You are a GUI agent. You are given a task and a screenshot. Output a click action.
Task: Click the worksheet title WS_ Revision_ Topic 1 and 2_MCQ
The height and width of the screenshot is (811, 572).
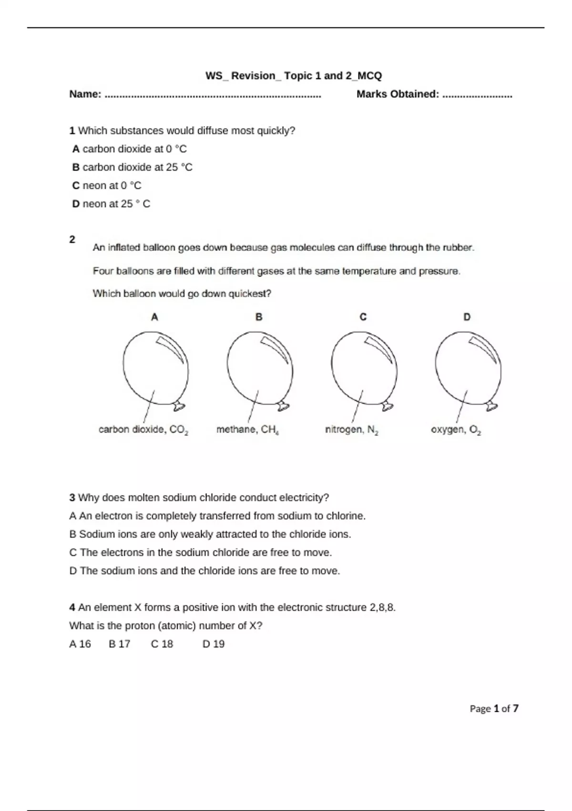click(x=294, y=76)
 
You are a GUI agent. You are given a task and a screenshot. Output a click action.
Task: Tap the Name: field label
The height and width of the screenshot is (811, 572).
click(x=85, y=94)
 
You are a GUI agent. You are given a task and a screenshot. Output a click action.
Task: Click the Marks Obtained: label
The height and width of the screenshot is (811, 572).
click(x=398, y=94)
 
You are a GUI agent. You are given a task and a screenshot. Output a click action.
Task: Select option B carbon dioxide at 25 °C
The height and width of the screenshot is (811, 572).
click(x=133, y=167)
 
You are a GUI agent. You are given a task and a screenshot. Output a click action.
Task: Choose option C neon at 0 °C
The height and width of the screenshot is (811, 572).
click(x=107, y=186)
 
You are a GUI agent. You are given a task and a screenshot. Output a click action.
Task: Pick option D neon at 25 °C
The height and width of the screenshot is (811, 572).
click(x=111, y=204)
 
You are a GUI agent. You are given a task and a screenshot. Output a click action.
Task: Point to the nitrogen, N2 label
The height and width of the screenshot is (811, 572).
click(x=352, y=430)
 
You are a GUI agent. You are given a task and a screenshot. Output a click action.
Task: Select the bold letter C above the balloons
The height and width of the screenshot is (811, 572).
click(x=363, y=317)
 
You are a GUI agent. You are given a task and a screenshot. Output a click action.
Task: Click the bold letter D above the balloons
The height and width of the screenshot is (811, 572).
click(x=467, y=317)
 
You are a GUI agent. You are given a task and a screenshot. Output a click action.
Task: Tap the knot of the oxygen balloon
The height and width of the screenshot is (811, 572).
click(x=491, y=406)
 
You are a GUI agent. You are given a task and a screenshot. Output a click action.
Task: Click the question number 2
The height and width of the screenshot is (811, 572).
click(x=72, y=239)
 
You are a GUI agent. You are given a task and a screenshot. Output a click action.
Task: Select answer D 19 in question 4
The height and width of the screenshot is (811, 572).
click(x=214, y=644)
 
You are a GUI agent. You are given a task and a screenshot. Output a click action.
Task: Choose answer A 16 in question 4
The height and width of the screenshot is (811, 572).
click(x=80, y=644)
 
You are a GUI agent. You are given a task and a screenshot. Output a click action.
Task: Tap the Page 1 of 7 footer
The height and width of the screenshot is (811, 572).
click(x=494, y=708)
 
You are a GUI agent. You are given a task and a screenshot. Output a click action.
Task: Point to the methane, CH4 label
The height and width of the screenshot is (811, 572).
click(x=247, y=430)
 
